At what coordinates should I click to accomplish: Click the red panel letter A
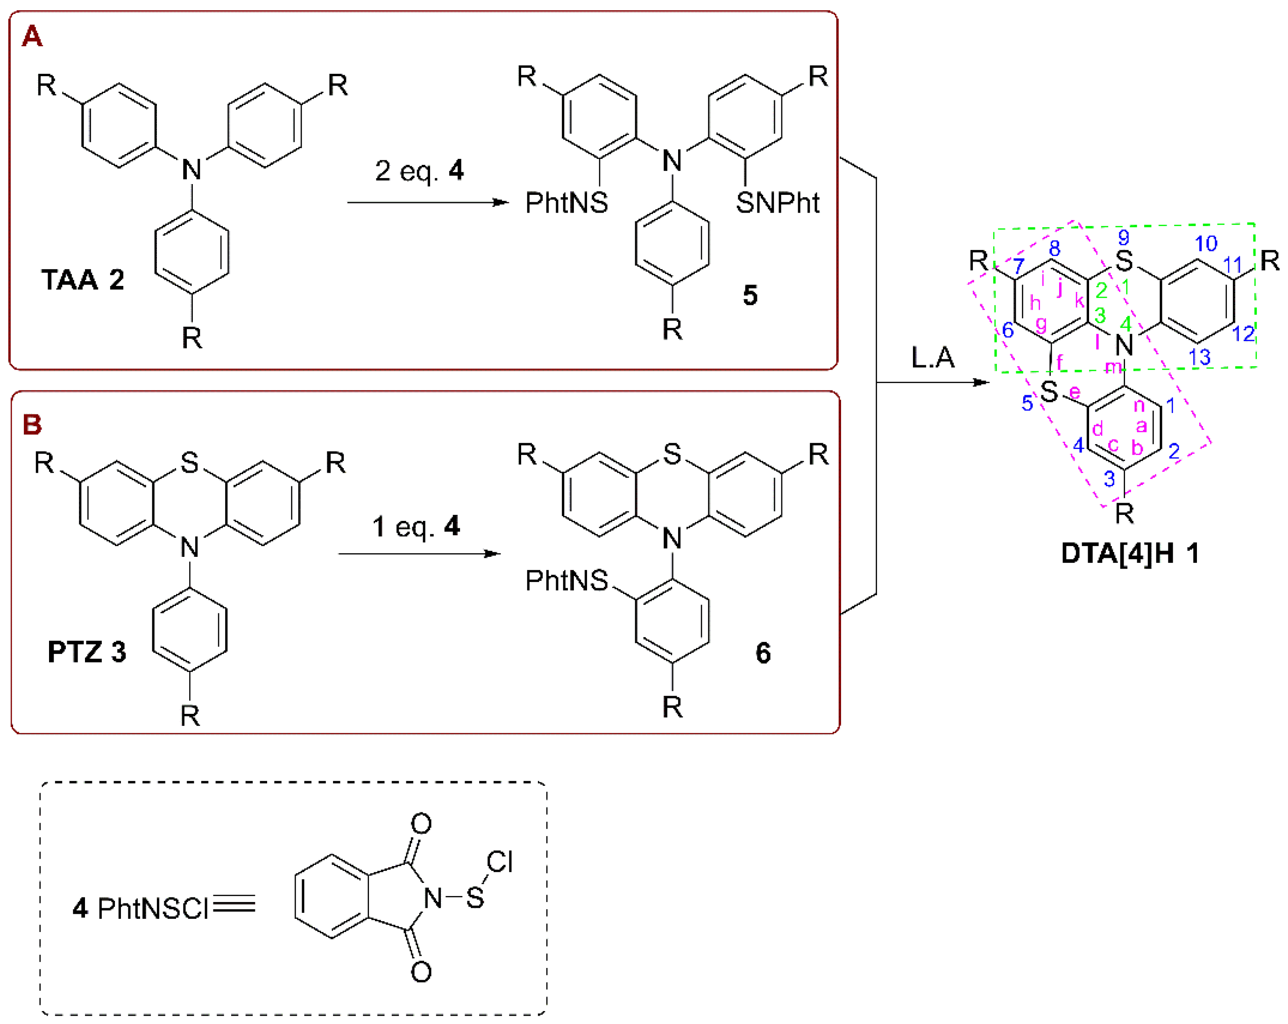click(x=32, y=36)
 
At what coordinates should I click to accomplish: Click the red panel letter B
click(x=32, y=425)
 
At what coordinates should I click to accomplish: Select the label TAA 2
click(x=83, y=280)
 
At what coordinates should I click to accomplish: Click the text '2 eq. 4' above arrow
click(x=419, y=171)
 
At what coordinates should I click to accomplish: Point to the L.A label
click(x=933, y=357)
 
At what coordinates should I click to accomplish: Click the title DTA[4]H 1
click(x=1130, y=553)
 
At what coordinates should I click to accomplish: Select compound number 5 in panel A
click(x=750, y=295)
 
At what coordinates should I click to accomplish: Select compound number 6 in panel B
click(x=763, y=653)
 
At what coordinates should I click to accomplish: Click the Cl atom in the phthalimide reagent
click(x=499, y=862)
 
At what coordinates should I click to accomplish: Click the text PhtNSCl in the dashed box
click(x=152, y=909)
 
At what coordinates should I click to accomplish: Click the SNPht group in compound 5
click(x=777, y=203)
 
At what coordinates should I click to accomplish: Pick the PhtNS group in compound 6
click(x=566, y=580)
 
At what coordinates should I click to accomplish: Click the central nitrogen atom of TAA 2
click(x=192, y=170)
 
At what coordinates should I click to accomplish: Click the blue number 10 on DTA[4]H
click(x=1205, y=244)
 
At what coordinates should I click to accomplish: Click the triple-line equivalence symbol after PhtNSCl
click(x=234, y=904)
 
